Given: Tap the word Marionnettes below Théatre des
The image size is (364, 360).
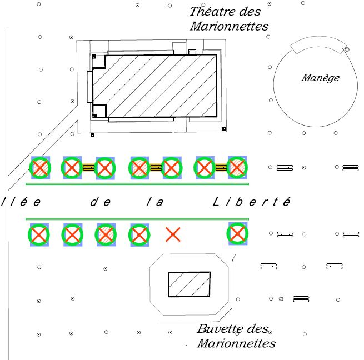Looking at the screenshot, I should [229, 26].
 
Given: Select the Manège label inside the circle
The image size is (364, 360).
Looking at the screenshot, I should [320, 78].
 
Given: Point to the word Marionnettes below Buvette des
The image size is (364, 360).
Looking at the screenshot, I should [236, 343].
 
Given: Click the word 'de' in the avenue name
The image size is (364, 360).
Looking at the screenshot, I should [100, 202].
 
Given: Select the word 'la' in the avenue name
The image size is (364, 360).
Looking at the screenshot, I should [155, 202].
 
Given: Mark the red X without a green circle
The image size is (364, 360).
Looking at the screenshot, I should [173, 235].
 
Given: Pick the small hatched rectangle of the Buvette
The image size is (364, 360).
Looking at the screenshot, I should [190, 284].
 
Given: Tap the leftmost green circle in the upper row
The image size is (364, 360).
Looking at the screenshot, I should [40, 167].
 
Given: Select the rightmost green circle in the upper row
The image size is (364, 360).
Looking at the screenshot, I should [237, 167].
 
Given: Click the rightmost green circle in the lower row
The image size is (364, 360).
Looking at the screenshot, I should [238, 234].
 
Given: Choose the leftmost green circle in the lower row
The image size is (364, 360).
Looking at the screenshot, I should [39, 234].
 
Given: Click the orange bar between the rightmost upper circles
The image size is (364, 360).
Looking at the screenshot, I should [221, 167].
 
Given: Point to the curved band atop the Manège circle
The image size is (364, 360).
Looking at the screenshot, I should [316, 44].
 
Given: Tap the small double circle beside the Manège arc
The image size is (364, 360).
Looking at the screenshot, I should [347, 50].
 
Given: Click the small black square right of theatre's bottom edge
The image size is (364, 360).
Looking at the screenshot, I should [223, 129].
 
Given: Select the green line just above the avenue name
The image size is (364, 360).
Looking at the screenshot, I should [137, 183].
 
